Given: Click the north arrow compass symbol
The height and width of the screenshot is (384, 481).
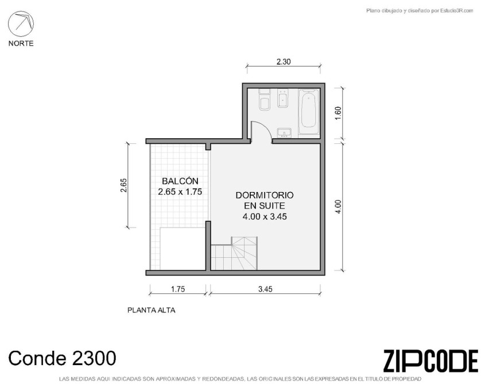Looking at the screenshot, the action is point(21,23).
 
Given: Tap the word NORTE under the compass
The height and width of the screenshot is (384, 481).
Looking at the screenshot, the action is point(21,44).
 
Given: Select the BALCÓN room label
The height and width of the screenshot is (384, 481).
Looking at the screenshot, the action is point(180,181).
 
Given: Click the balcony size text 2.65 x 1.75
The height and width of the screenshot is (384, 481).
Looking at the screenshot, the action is point(180,192).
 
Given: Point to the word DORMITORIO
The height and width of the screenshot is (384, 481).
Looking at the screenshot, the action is point(265,195).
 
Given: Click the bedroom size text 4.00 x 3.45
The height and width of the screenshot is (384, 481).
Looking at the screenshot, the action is point(265,217).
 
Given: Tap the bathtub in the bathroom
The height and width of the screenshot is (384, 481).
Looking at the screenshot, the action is point(309,111).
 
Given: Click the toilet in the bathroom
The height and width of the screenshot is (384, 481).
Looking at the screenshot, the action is point(265,100).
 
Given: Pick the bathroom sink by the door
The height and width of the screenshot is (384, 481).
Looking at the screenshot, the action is point(284,133).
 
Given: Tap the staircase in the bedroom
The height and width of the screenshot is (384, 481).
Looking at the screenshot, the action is point(234,253).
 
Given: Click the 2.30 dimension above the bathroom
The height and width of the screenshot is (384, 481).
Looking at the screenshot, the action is point(284,62).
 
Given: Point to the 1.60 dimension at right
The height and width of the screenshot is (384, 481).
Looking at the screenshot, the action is point(338,113).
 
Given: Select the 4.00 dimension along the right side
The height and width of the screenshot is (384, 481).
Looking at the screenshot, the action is point(338,207).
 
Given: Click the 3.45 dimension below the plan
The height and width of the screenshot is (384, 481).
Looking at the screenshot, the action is point(265,289).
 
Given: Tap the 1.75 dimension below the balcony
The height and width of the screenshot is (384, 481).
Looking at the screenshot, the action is point(178,289).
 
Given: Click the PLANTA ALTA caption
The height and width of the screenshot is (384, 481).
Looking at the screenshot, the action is point(151,310).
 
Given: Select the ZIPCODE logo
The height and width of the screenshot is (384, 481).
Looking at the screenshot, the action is point(430,361).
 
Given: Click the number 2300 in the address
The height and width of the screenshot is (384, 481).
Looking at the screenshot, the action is point(94,358).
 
